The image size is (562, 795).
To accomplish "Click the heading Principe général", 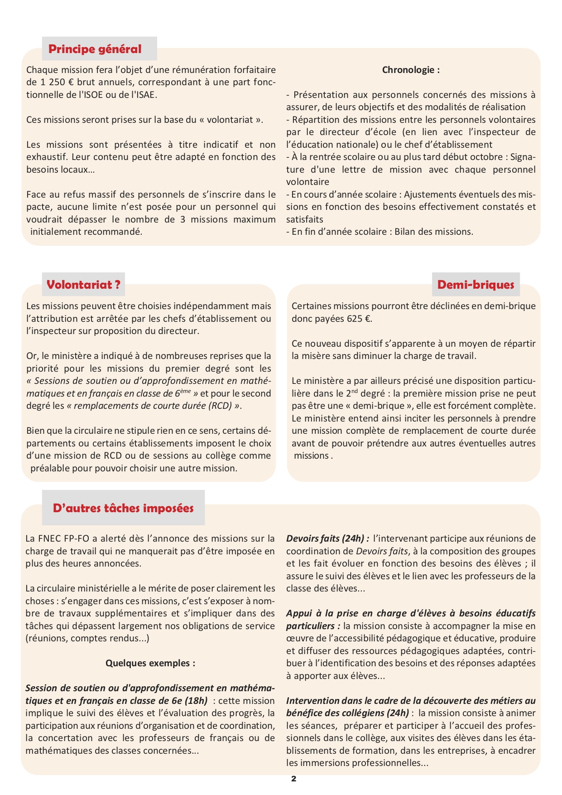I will point(95,49).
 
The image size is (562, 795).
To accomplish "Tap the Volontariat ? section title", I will point(83,285).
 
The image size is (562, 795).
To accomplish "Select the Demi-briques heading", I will point(476,285).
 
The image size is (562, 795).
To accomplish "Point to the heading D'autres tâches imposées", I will point(123,508).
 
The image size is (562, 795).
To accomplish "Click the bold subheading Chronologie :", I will point(411,70).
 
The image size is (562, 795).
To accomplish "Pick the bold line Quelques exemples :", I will point(150,663).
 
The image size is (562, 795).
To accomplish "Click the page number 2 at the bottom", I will point(293,779).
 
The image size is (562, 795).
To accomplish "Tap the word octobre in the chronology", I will point(487,157).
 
